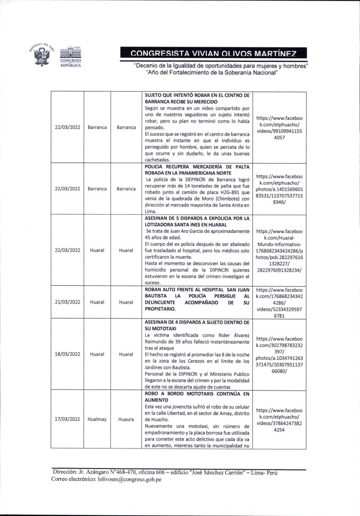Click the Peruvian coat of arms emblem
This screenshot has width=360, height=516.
pos(43,55)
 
